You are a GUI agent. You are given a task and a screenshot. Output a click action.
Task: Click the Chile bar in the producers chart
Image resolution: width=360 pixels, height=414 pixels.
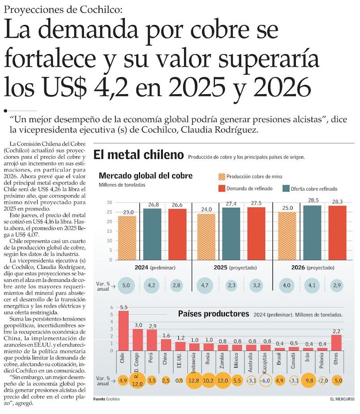(x=123, y=331)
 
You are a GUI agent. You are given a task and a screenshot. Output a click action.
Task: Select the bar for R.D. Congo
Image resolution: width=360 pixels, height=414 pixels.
(x=138, y=340)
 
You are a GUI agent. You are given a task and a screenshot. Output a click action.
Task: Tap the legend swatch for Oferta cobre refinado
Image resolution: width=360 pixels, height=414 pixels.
(x=286, y=189)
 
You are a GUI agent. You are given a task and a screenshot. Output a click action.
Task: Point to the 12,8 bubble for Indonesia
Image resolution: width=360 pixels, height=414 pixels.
(x=194, y=381)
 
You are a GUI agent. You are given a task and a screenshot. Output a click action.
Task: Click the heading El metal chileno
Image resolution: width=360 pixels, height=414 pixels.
(x=139, y=156)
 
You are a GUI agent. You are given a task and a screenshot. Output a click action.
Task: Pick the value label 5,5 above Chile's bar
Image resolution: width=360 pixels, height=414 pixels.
(x=123, y=307)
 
